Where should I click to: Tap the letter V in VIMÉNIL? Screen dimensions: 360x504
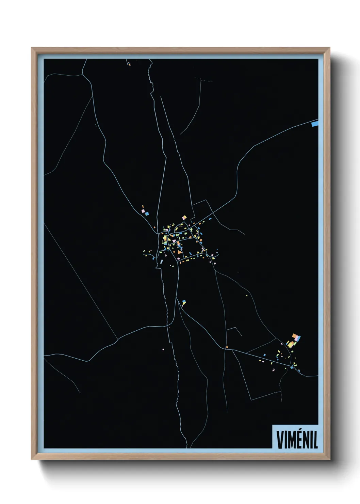(280, 440)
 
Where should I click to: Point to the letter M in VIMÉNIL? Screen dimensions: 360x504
(290, 440)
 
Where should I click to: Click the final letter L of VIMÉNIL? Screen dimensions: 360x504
(315, 440)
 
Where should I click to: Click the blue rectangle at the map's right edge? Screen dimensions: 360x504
(315, 124)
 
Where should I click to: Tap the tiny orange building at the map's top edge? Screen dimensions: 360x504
(129, 64)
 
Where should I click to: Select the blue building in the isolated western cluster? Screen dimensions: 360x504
(147, 214)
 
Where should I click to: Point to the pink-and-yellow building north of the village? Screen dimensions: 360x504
(184, 217)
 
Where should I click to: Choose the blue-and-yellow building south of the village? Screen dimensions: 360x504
(184, 302)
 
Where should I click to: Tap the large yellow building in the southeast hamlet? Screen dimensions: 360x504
(291, 344)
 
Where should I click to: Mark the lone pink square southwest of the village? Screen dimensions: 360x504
(163, 349)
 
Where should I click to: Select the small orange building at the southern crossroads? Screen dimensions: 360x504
(227, 347)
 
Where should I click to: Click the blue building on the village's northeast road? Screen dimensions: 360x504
(210, 218)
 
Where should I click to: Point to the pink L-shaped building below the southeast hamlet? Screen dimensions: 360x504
(273, 369)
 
